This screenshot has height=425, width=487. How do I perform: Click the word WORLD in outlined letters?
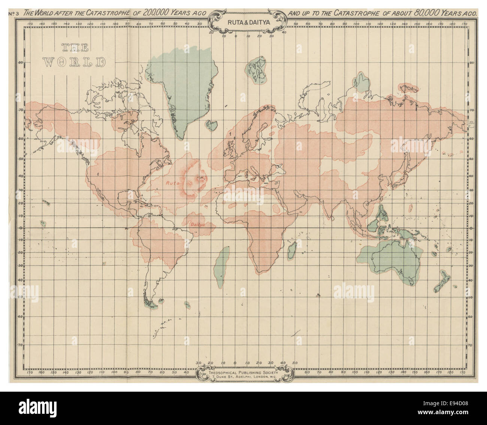point(74,62)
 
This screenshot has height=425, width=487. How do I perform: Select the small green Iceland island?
point(212,124)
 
